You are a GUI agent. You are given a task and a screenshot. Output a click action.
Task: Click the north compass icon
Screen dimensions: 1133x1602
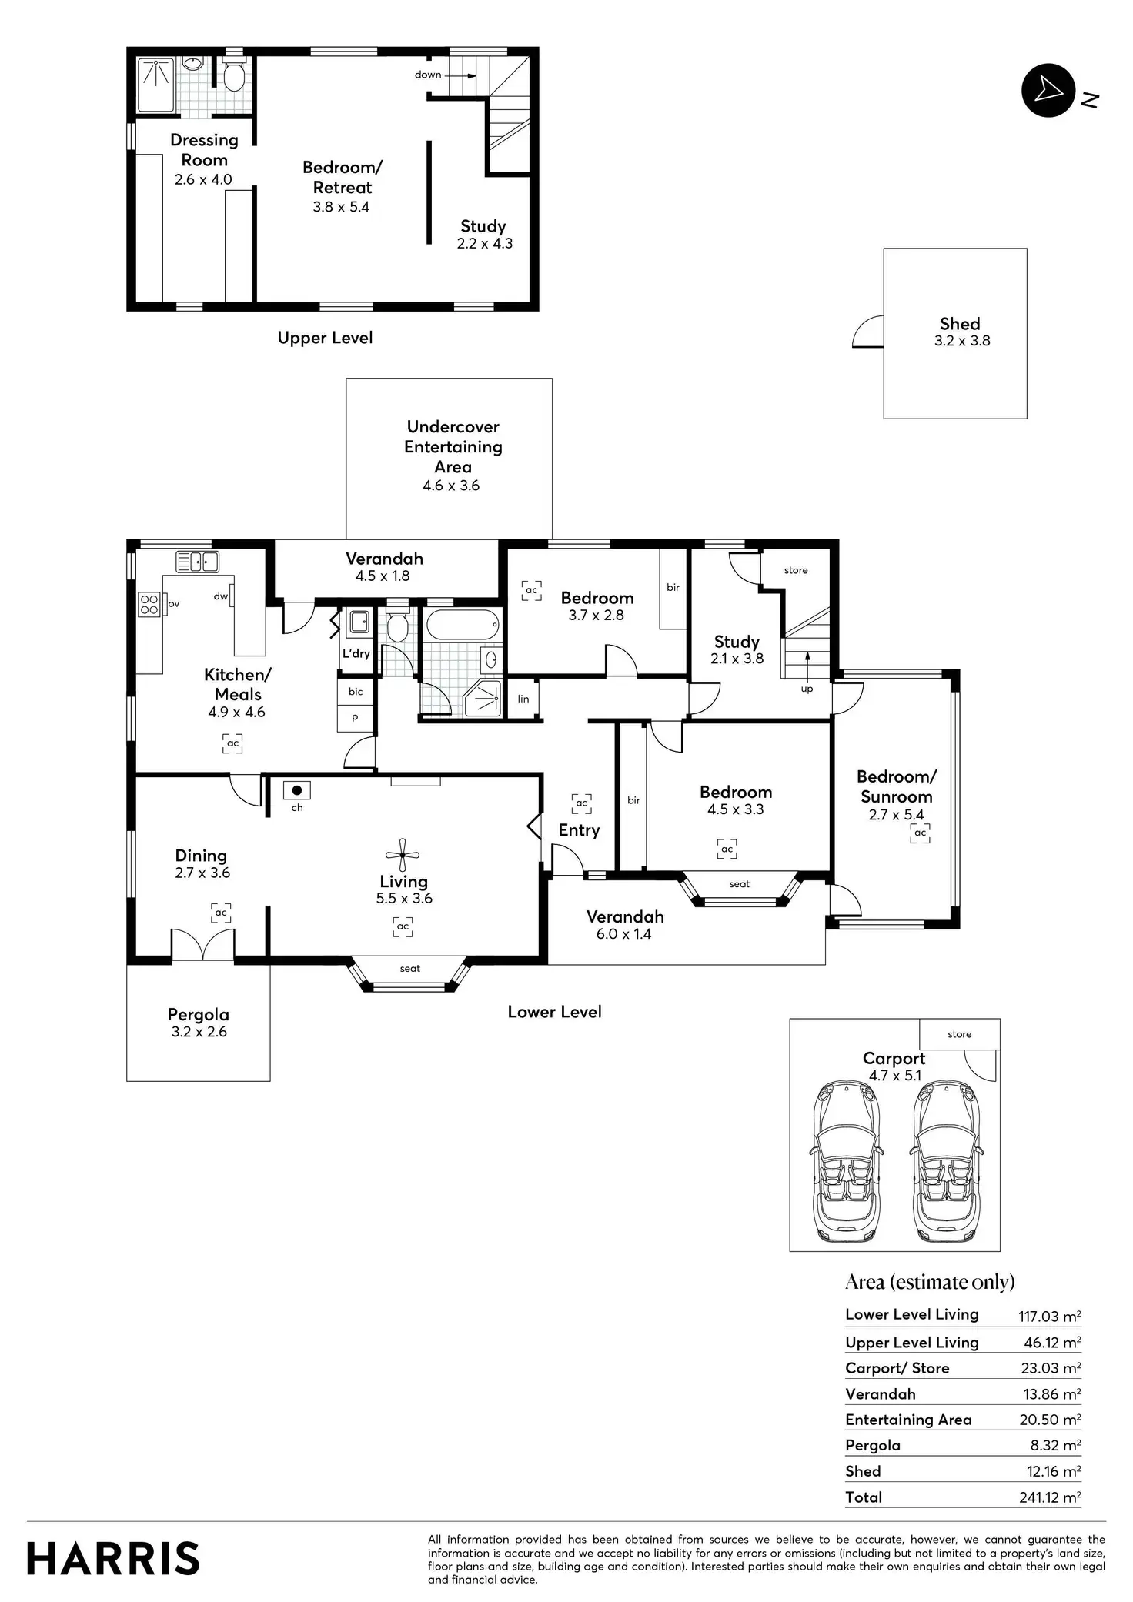tap(1047, 91)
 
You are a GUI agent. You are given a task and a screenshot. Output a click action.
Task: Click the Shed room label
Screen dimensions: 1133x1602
tap(960, 324)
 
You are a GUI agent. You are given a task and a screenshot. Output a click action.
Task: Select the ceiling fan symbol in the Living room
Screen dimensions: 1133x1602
tap(402, 855)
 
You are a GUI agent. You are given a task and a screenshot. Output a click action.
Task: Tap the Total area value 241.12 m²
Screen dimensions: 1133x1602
tap(1049, 1497)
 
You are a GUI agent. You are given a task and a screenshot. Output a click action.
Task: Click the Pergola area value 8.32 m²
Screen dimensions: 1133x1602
tap(1055, 1446)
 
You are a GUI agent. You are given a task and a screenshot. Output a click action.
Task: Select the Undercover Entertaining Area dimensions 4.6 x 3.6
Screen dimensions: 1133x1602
tap(451, 486)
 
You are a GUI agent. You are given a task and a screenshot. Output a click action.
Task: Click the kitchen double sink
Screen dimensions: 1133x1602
tap(198, 562)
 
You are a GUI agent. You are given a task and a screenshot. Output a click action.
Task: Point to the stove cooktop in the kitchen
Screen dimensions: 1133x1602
tap(149, 604)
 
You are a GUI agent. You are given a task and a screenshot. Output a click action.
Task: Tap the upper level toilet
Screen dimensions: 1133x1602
tap(234, 75)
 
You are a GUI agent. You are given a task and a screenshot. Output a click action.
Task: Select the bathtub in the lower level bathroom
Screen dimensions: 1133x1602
tap(463, 624)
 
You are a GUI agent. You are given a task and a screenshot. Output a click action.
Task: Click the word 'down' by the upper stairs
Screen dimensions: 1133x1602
tap(428, 75)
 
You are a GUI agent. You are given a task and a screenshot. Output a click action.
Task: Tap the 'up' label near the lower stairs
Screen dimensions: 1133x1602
tap(807, 689)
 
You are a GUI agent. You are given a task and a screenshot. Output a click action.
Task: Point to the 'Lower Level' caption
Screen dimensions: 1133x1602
tap(554, 1012)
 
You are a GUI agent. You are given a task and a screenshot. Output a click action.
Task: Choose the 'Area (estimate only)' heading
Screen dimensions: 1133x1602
tap(930, 1282)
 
